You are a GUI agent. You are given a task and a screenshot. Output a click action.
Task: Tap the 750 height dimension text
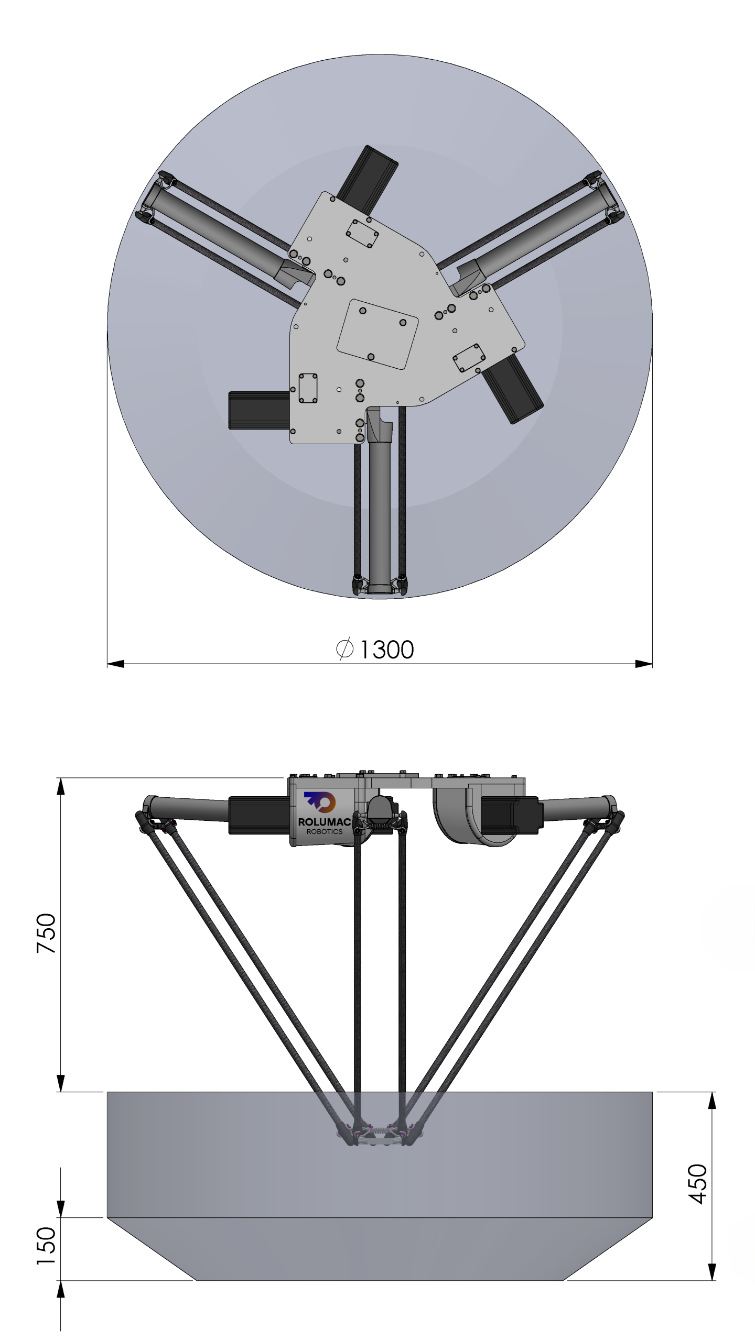46,933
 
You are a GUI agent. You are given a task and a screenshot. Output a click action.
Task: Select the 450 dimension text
698,1184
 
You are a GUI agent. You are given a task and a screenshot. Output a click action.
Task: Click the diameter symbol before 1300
344,650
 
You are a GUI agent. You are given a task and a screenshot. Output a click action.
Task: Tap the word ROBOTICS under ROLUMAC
325,831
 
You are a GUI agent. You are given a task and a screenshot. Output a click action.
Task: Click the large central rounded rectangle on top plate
377,334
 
